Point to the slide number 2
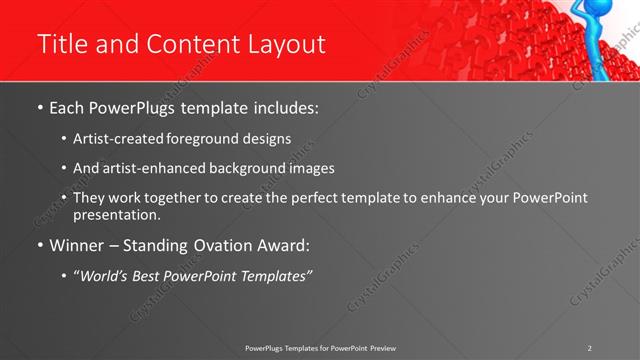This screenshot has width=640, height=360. pos(590,347)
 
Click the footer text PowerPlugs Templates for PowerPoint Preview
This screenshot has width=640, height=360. pos(320,347)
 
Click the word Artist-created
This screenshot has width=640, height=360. pos(119,138)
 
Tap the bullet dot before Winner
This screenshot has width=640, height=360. pos(39,245)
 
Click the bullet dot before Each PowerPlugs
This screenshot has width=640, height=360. pos(39,106)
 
